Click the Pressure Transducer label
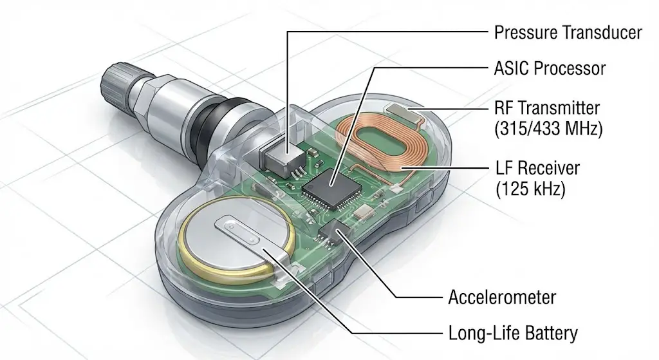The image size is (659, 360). (568, 32)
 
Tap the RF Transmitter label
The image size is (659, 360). (547, 107)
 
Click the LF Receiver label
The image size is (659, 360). (537, 169)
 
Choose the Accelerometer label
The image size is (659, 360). (501, 298)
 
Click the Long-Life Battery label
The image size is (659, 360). (512, 333)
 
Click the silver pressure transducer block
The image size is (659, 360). (284, 156)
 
